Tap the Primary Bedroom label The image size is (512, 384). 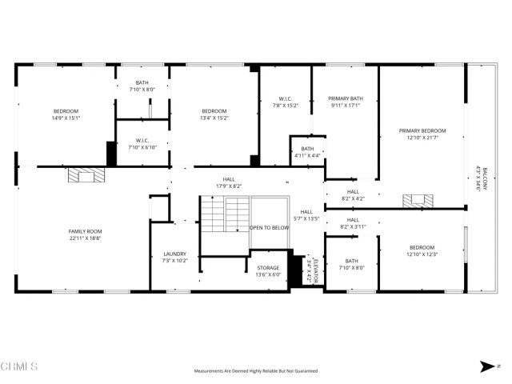[x=422, y=134]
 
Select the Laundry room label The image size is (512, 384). [x=174, y=257]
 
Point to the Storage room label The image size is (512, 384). [x=268, y=271]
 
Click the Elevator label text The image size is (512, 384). [x=314, y=270]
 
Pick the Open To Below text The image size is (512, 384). [x=269, y=228]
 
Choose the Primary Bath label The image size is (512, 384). [x=345, y=102]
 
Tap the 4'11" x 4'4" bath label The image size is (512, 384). [x=307, y=151]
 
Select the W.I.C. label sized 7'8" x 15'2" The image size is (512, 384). [x=286, y=102]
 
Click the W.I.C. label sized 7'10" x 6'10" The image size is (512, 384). [x=142, y=144]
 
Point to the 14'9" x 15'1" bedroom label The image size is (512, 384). [x=66, y=114]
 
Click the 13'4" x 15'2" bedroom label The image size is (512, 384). [x=214, y=114]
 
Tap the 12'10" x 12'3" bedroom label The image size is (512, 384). [x=422, y=250]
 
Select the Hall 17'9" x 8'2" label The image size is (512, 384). [x=229, y=183]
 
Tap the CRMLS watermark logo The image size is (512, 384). [x=19, y=366]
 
